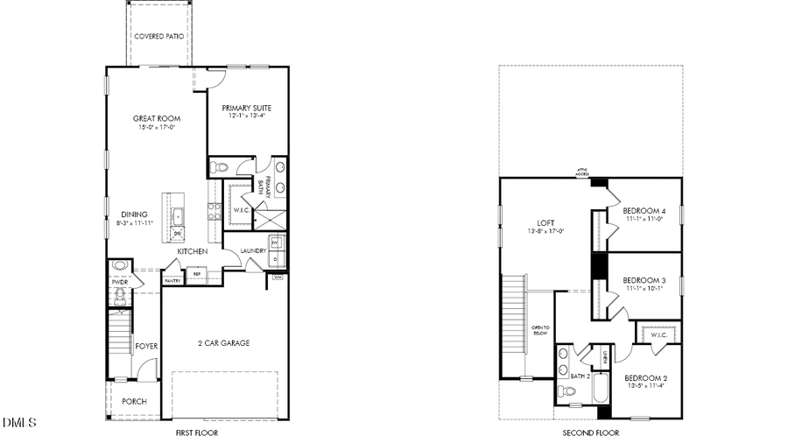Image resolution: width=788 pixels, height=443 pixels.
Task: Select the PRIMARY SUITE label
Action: pyautogui.click(x=246, y=108)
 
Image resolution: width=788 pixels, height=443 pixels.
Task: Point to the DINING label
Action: pyautogui.click(x=134, y=214)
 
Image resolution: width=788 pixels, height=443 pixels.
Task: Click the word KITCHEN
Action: pyautogui.click(x=192, y=251)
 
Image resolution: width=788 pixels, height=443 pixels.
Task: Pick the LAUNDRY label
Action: pyautogui.click(x=254, y=251)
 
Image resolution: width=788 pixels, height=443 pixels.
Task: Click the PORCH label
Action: pyautogui.click(x=134, y=401)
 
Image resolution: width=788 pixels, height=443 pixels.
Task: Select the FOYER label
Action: pyautogui.click(x=146, y=346)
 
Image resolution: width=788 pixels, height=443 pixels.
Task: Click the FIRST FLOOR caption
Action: pyautogui.click(x=197, y=432)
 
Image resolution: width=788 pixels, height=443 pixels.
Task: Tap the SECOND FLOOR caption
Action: pyautogui.click(x=590, y=432)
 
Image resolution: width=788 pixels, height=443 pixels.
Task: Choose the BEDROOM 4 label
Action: pyautogui.click(x=644, y=211)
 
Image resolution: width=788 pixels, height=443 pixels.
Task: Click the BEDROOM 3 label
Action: pyautogui.click(x=644, y=280)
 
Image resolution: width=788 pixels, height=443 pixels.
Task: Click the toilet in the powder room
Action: pyautogui.click(x=120, y=265)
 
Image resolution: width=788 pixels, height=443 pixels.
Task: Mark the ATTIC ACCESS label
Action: pyautogui.click(x=581, y=172)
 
